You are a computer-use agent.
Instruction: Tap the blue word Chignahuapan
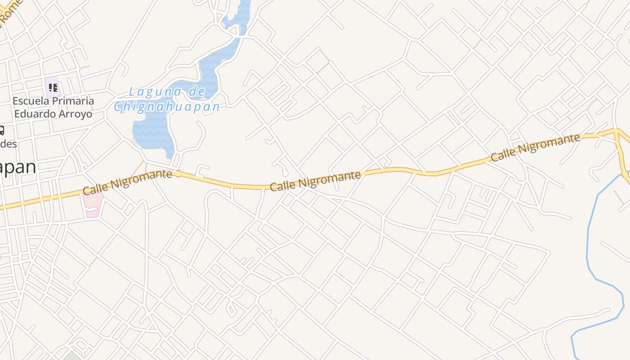(166, 107)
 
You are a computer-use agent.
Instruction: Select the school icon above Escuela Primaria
(52, 86)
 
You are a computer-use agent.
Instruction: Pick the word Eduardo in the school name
(33, 113)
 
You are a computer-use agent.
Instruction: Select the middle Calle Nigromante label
(315, 181)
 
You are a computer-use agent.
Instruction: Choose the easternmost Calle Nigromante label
(535, 147)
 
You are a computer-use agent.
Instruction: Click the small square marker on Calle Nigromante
(178, 174)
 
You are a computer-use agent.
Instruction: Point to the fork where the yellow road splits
(616, 131)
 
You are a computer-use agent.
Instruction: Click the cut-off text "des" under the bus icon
(8, 144)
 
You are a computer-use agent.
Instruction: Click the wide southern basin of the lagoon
(153, 133)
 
